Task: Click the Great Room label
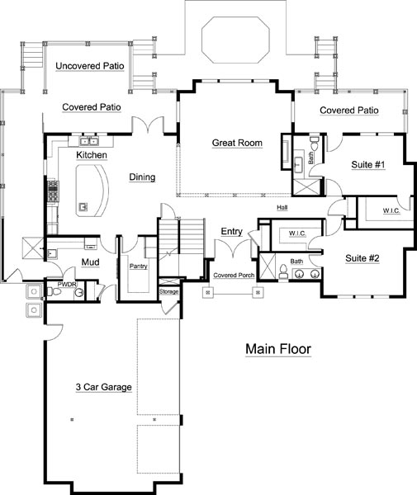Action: [x=237, y=143]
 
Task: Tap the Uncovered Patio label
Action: [x=90, y=66]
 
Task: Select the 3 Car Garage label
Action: [x=103, y=387]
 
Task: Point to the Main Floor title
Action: [x=278, y=349]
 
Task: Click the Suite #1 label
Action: [x=368, y=164]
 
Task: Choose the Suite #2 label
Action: [x=362, y=258]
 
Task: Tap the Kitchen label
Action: [x=92, y=155]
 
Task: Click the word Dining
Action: [x=142, y=177]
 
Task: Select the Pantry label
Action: [x=139, y=266]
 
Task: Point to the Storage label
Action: [x=168, y=291]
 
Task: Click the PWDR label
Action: [x=67, y=284]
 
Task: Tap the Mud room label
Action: [x=90, y=262]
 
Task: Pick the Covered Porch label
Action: [x=234, y=275]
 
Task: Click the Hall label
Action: [x=282, y=207]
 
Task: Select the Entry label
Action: [x=231, y=231]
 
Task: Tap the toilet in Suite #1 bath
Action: [x=314, y=144]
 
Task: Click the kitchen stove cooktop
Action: [x=53, y=191]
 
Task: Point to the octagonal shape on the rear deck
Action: [x=235, y=40]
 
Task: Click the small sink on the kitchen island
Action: [x=83, y=207]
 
